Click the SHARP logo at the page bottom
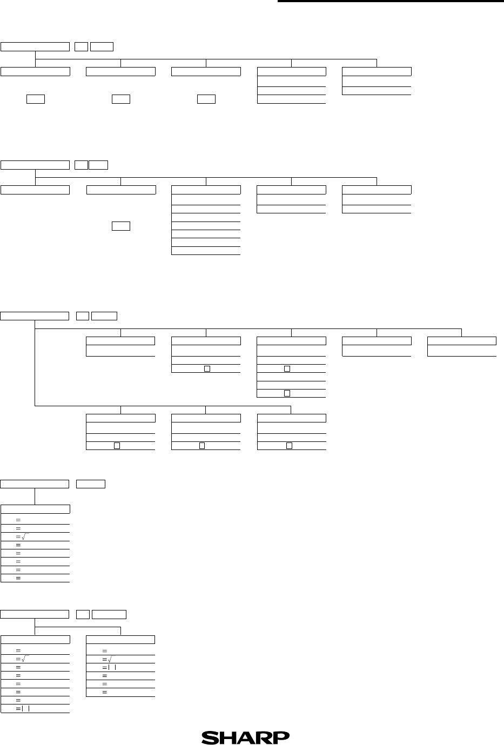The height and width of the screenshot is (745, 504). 245,737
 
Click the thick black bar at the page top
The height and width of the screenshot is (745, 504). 391,1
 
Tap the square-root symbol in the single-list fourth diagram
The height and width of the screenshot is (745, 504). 25,537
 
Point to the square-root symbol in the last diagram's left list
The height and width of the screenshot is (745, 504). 25,659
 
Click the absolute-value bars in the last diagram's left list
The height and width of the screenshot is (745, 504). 25,709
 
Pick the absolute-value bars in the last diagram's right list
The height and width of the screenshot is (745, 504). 112,668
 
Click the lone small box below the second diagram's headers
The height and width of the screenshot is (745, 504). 121,226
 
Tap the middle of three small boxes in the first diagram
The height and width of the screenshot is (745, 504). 121,99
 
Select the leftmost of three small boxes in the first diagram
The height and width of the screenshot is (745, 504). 36,99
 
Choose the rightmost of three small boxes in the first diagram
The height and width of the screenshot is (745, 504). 206,99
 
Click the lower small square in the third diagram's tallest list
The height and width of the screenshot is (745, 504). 287,393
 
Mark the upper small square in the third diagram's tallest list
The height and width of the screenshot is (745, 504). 287,368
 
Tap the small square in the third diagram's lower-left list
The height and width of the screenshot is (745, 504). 117,446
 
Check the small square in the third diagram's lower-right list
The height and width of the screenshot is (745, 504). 289,446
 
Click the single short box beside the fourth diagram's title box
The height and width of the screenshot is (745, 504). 91,484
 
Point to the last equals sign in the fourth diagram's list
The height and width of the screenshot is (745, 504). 18,579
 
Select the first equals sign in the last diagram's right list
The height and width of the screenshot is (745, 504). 105,651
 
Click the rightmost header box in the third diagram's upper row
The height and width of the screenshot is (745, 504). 462,341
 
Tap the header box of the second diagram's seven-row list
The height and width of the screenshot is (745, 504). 206,190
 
